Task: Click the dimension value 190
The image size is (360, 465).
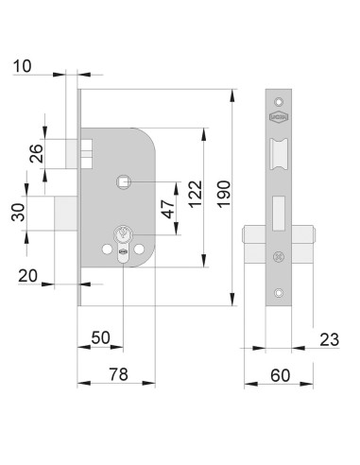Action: pos(224,194)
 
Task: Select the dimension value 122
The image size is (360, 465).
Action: pos(196,194)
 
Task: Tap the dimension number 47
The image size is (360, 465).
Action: pos(168,209)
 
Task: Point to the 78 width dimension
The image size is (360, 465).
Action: pos(119,374)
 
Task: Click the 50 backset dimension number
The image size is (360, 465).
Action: pos(101,337)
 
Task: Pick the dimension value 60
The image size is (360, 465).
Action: pos(281,375)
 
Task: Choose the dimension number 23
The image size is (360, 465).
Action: pos(330,339)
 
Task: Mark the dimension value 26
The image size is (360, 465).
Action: pos(36,153)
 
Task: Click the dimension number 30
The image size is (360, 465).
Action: pos(18,213)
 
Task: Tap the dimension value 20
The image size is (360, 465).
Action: pos(28,276)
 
